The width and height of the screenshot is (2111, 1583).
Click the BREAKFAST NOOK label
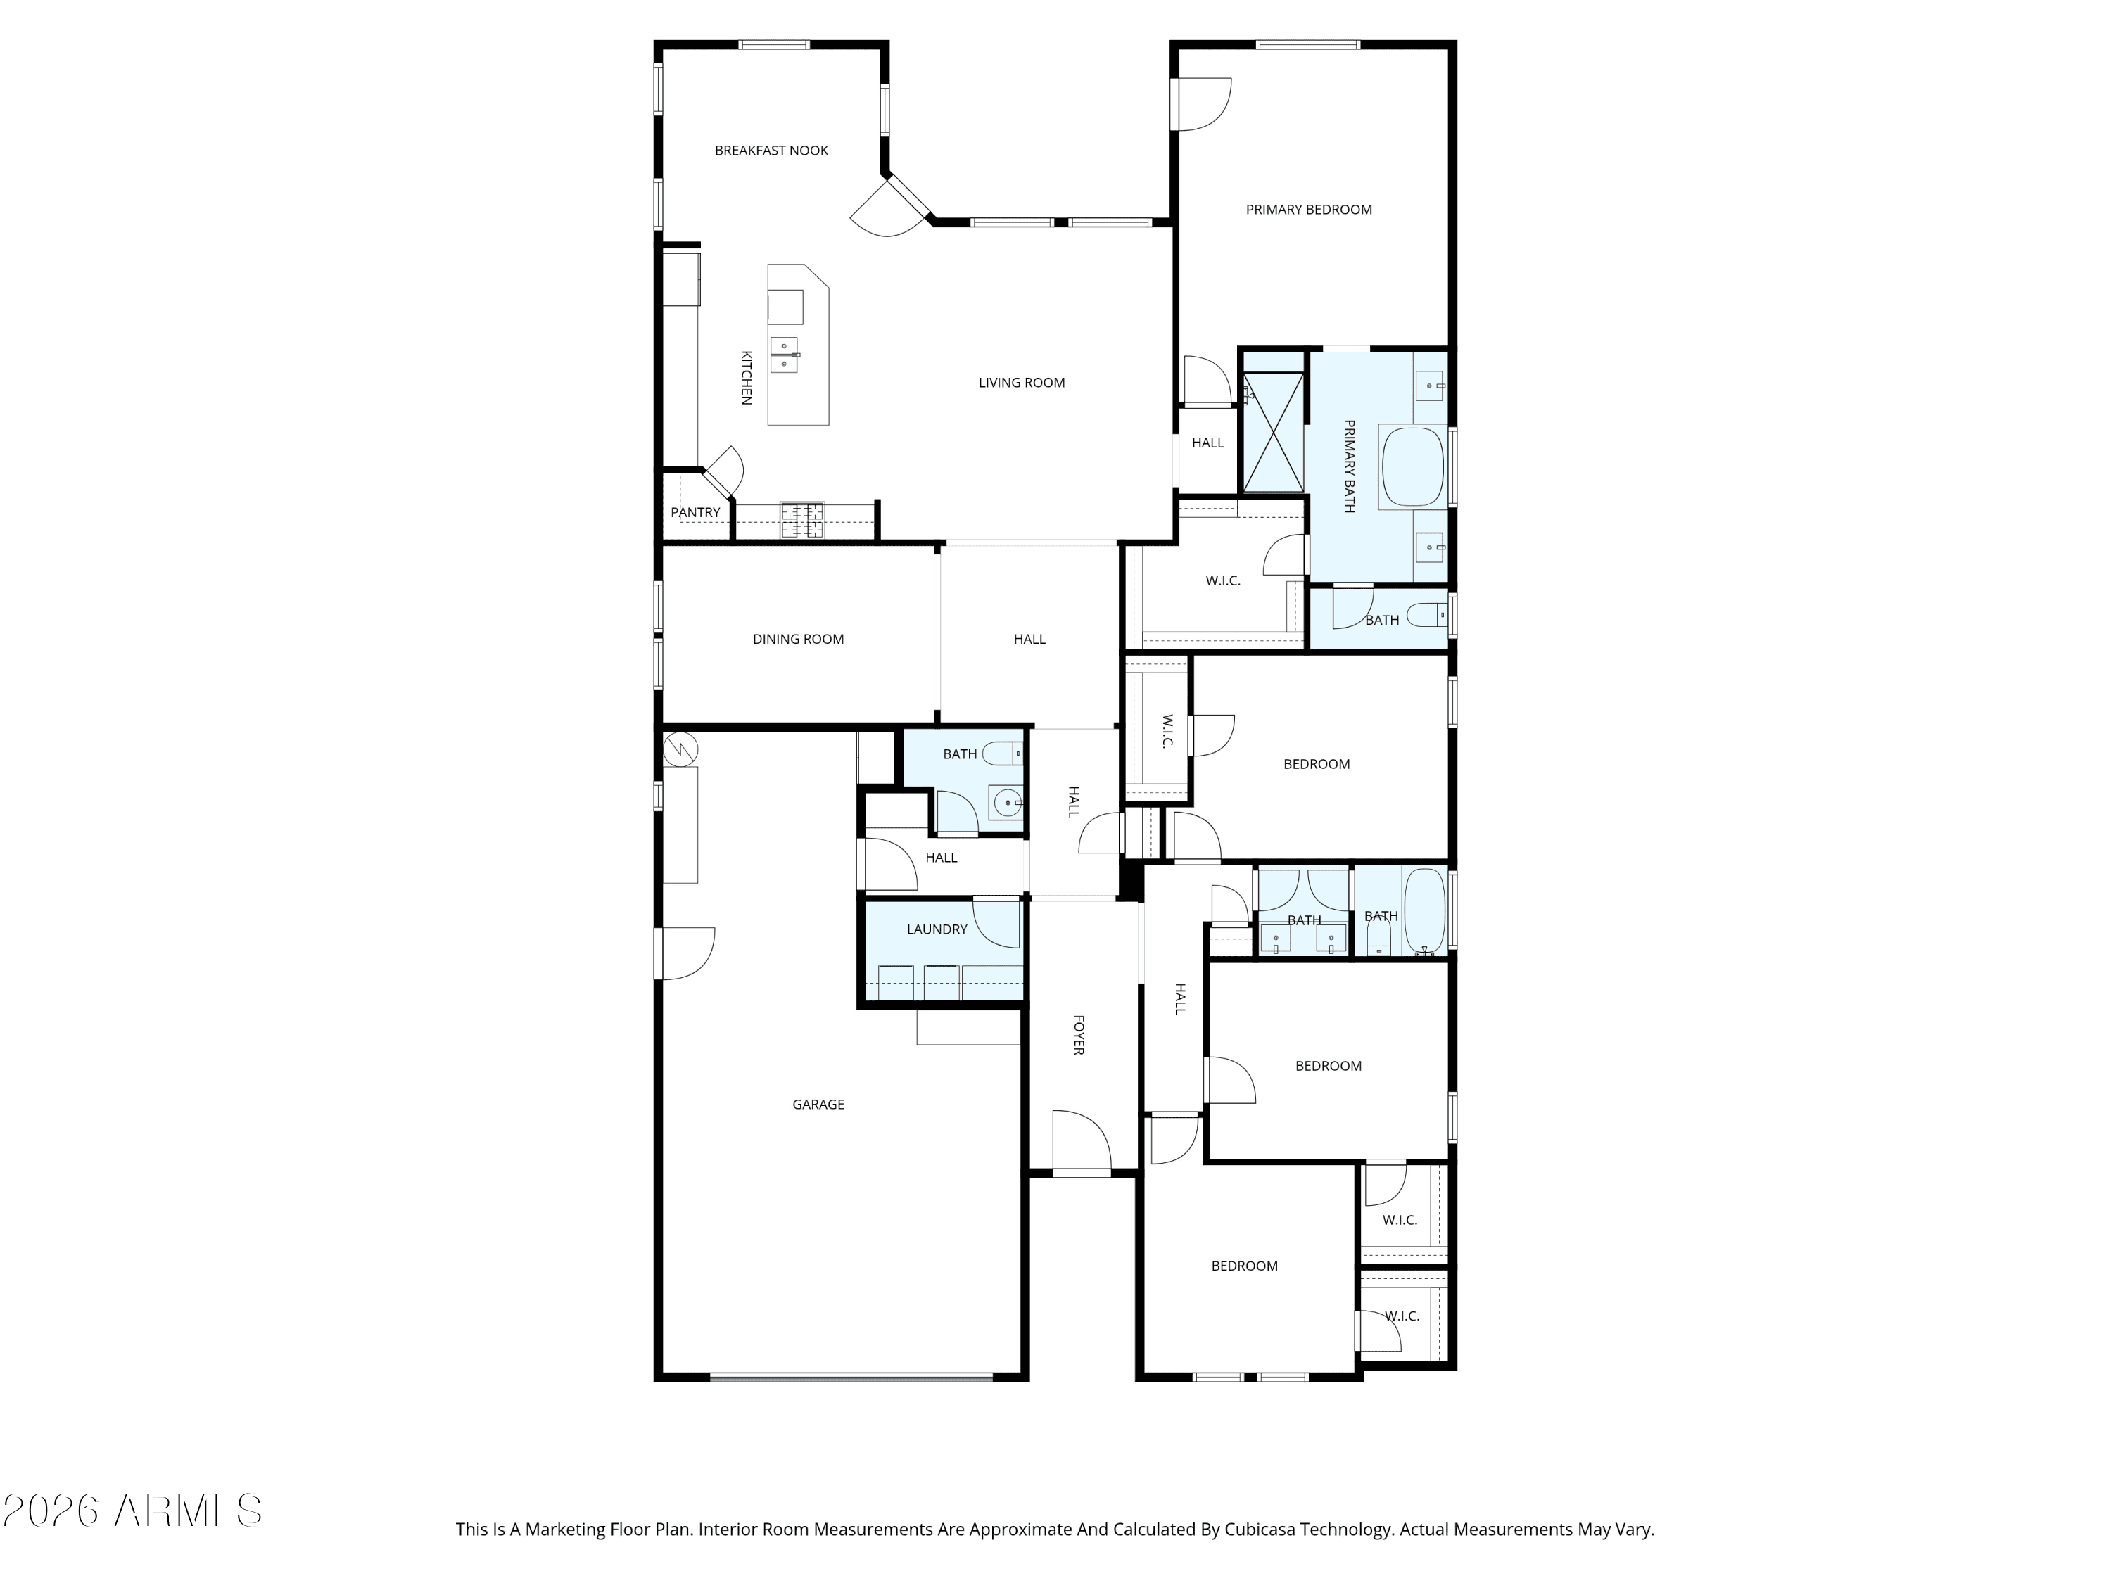pyautogui.click(x=771, y=151)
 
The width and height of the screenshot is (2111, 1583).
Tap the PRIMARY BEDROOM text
pyautogui.click(x=1308, y=210)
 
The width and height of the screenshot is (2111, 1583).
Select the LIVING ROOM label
pyautogui.click(x=1021, y=383)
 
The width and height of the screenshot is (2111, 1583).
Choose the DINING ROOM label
pyautogui.click(x=798, y=640)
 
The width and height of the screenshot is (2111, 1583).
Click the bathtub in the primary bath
pyautogui.click(x=1414, y=466)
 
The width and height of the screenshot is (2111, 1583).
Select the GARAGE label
pyautogui.click(x=818, y=1105)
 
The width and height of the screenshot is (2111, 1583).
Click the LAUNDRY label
pyautogui.click(x=936, y=929)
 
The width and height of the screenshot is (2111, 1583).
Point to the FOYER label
pyautogui.click(x=1079, y=1036)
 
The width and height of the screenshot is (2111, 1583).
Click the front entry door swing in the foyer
pyautogui.click(x=1083, y=1141)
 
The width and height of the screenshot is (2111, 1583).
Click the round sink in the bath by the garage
pyautogui.click(x=1008, y=803)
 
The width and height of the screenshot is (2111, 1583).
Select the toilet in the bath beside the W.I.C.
pyautogui.click(x=1428, y=616)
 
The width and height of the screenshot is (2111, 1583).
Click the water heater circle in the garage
pyautogui.click(x=680, y=748)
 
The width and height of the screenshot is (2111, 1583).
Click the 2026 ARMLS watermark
pyautogui.click(x=133, y=1511)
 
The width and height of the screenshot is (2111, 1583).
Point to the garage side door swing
pyautogui.click(x=685, y=954)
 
